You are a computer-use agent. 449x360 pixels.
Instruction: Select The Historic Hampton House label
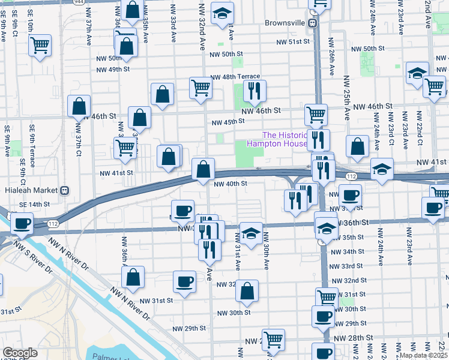click(285, 139)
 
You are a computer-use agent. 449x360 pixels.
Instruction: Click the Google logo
click(20, 353)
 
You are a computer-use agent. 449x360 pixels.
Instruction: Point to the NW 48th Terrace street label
click(235, 77)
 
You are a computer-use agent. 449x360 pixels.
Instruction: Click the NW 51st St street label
click(292, 42)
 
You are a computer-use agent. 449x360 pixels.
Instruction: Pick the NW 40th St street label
click(231, 184)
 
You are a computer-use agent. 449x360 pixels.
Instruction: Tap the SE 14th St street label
click(35, 205)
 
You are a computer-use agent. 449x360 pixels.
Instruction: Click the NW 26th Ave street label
click(331, 55)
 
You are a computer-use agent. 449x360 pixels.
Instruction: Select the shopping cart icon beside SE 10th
click(40, 44)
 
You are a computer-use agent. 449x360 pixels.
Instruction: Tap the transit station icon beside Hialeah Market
click(64, 190)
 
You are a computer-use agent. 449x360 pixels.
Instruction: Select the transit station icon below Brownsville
click(313, 23)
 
